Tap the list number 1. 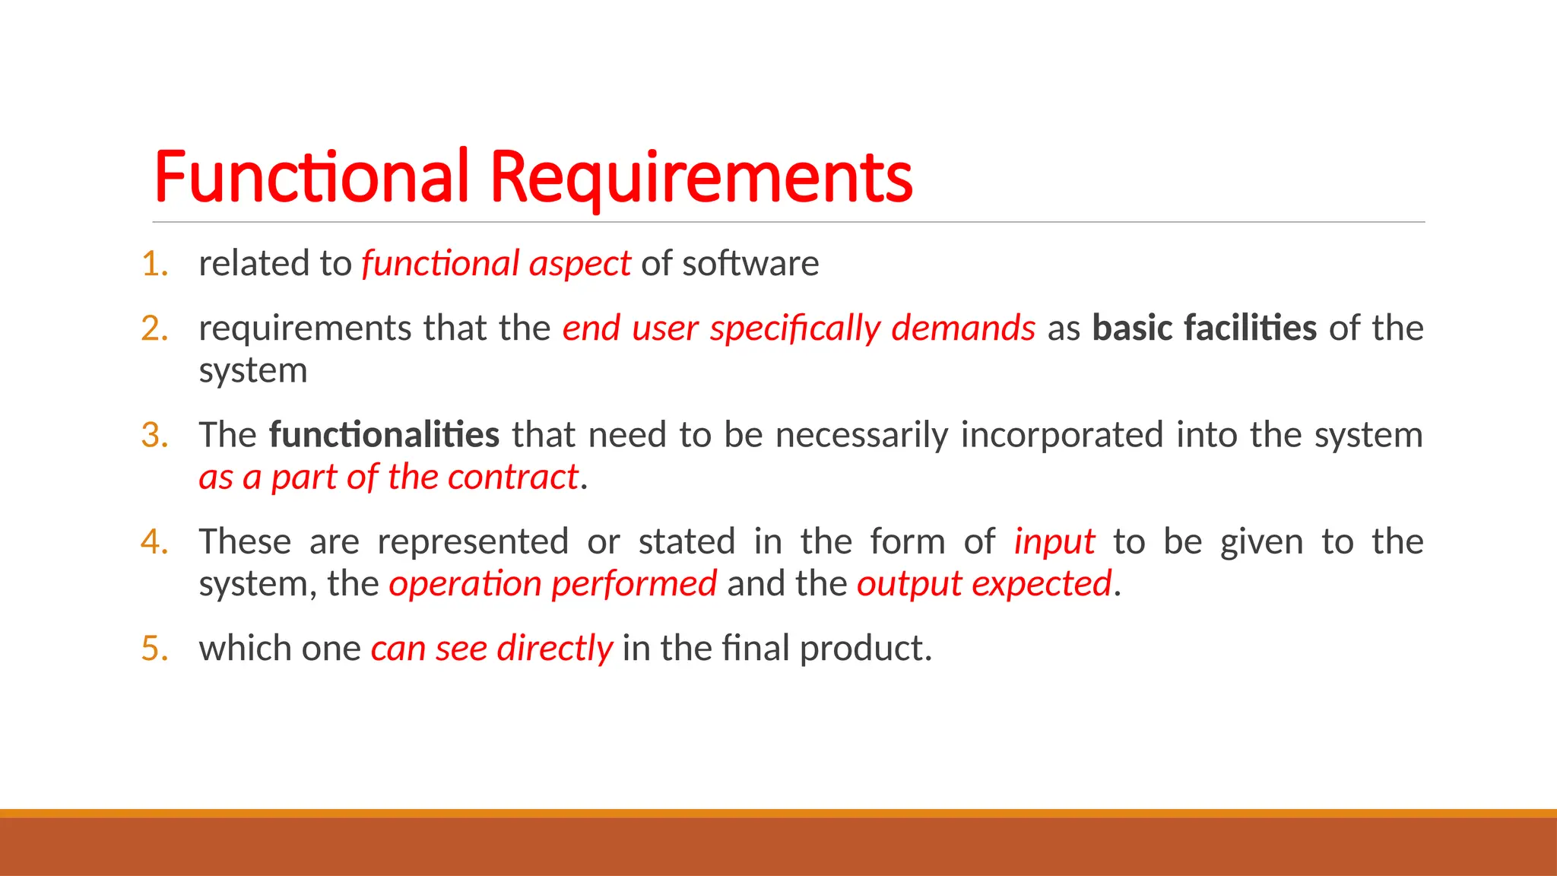pyautogui.click(x=154, y=264)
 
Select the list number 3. pyautogui.click(x=154, y=435)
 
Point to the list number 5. pyautogui.click(x=154, y=649)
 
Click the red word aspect pyautogui.click(x=579, y=264)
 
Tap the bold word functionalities pyautogui.click(x=384, y=435)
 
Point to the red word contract pyautogui.click(x=513, y=478)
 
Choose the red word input pyautogui.click(x=1054, y=542)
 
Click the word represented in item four pyautogui.click(x=472, y=542)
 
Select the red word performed pyautogui.click(x=634, y=584)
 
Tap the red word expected pyautogui.click(x=1042, y=584)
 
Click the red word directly pyautogui.click(x=554, y=649)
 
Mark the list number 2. pyautogui.click(x=154, y=328)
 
